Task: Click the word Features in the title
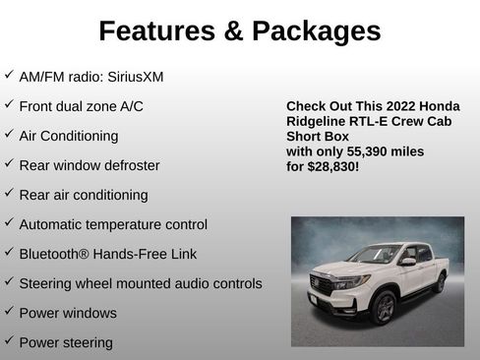coord(157,31)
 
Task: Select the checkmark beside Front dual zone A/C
coord(9,104)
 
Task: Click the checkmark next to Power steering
coord(9,341)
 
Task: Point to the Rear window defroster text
coord(89,165)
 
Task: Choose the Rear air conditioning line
coord(84,195)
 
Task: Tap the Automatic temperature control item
coord(113,224)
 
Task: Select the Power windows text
coord(68,313)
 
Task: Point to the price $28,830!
coord(333,167)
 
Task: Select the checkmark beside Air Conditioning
coord(9,134)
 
